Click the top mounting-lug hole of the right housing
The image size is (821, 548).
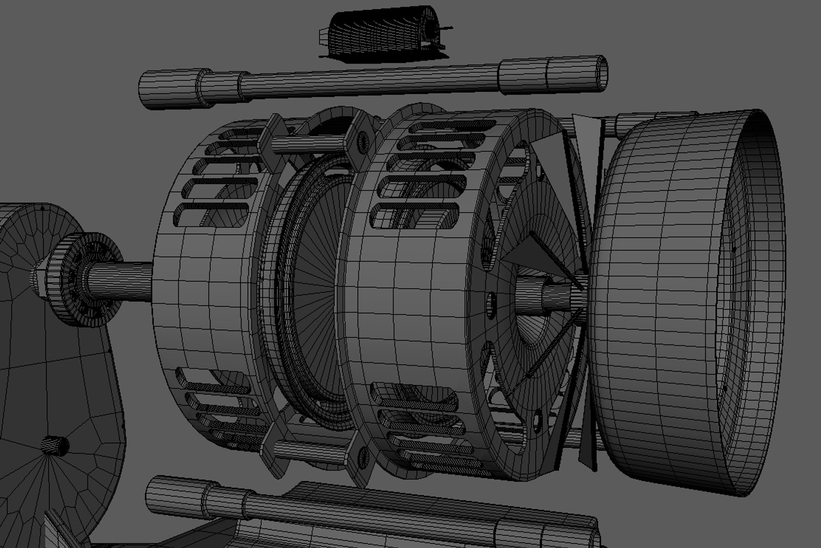point(362,142)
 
